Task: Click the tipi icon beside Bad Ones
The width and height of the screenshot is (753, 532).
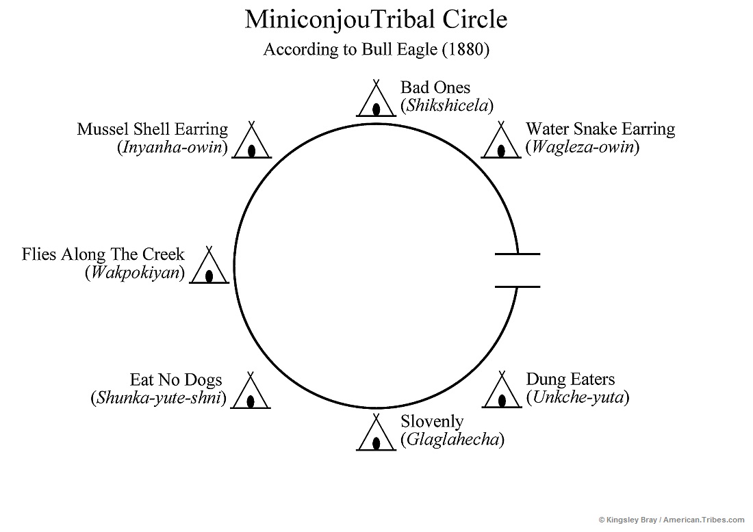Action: (376, 101)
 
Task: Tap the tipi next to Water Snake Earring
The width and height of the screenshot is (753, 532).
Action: (502, 142)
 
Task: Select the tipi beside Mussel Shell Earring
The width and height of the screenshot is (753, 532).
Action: (251, 142)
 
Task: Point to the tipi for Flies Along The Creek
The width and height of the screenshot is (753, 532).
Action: (209, 267)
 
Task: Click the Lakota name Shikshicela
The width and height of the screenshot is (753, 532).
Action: (447, 106)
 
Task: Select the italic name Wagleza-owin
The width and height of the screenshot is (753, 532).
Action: (582, 147)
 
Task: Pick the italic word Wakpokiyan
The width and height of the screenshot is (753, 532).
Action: (135, 273)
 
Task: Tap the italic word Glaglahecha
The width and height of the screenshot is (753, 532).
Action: (452, 440)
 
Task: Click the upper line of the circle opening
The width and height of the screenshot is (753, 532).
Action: (517, 254)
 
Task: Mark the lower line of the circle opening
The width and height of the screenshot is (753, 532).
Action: (517, 287)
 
